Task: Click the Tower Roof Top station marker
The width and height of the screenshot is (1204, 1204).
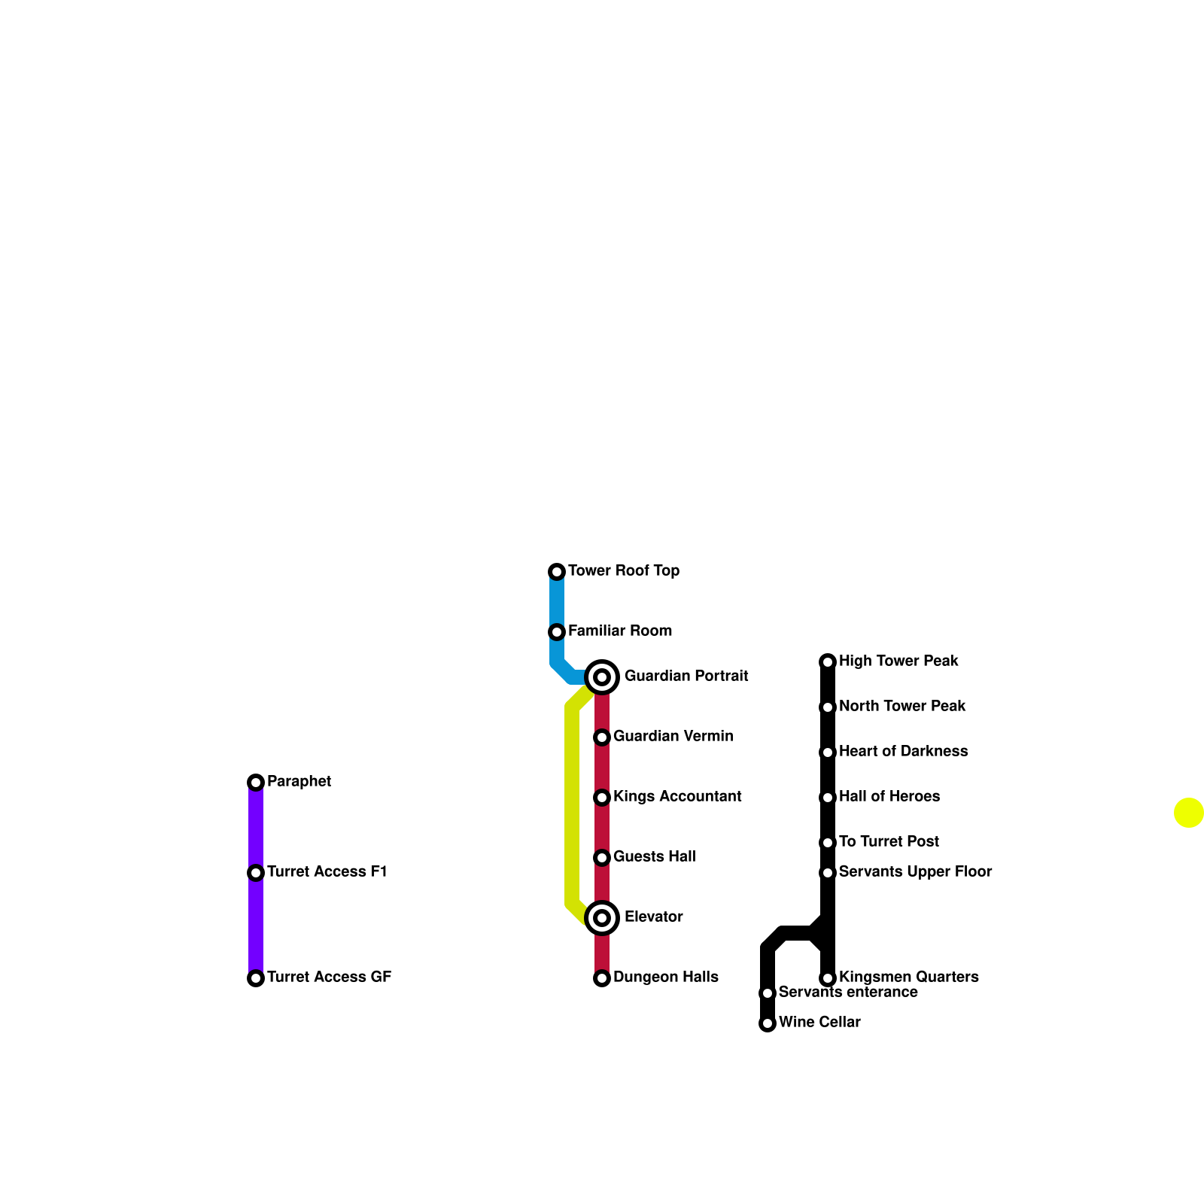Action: point(557,572)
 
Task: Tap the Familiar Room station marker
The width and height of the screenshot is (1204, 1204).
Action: point(557,632)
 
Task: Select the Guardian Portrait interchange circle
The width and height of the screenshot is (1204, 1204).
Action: point(602,677)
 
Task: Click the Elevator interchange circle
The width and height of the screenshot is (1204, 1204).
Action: point(602,918)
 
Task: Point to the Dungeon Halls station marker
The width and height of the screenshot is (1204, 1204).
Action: point(602,978)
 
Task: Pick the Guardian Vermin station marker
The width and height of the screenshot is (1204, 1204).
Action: point(602,737)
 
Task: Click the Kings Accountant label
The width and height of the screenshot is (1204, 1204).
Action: point(677,797)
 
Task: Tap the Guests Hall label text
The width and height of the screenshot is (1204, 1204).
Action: point(654,857)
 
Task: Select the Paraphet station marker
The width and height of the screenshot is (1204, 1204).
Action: point(256,783)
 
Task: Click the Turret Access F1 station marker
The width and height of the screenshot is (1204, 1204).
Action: point(256,873)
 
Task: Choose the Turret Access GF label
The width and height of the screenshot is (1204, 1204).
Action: point(329,977)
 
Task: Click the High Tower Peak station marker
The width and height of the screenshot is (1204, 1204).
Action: point(828,662)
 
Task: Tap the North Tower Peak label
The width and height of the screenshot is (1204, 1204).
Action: point(902,707)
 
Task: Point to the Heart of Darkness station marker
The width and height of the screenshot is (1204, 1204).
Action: point(828,752)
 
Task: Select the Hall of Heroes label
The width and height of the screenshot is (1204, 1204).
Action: point(889,797)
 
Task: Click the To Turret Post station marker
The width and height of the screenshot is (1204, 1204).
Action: point(828,843)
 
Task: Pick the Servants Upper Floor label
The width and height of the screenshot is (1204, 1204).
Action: point(915,872)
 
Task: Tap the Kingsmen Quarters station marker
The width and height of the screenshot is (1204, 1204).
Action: point(828,978)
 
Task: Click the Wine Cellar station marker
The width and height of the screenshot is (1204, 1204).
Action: point(768,1023)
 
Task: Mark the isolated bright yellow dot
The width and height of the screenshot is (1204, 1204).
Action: point(1189,813)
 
